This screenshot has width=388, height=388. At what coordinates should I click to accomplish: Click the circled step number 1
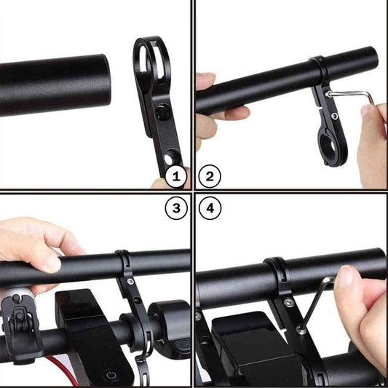click(x=175, y=175)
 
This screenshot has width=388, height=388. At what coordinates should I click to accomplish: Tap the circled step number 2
click(x=210, y=175)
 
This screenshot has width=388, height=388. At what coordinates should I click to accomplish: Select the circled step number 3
click(x=175, y=210)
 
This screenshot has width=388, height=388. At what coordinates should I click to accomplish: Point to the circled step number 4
click(x=210, y=210)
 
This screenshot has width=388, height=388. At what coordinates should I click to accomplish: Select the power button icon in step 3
click(x=109, y=376)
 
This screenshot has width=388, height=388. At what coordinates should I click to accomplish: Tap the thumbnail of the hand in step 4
click(x=347, y=277)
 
